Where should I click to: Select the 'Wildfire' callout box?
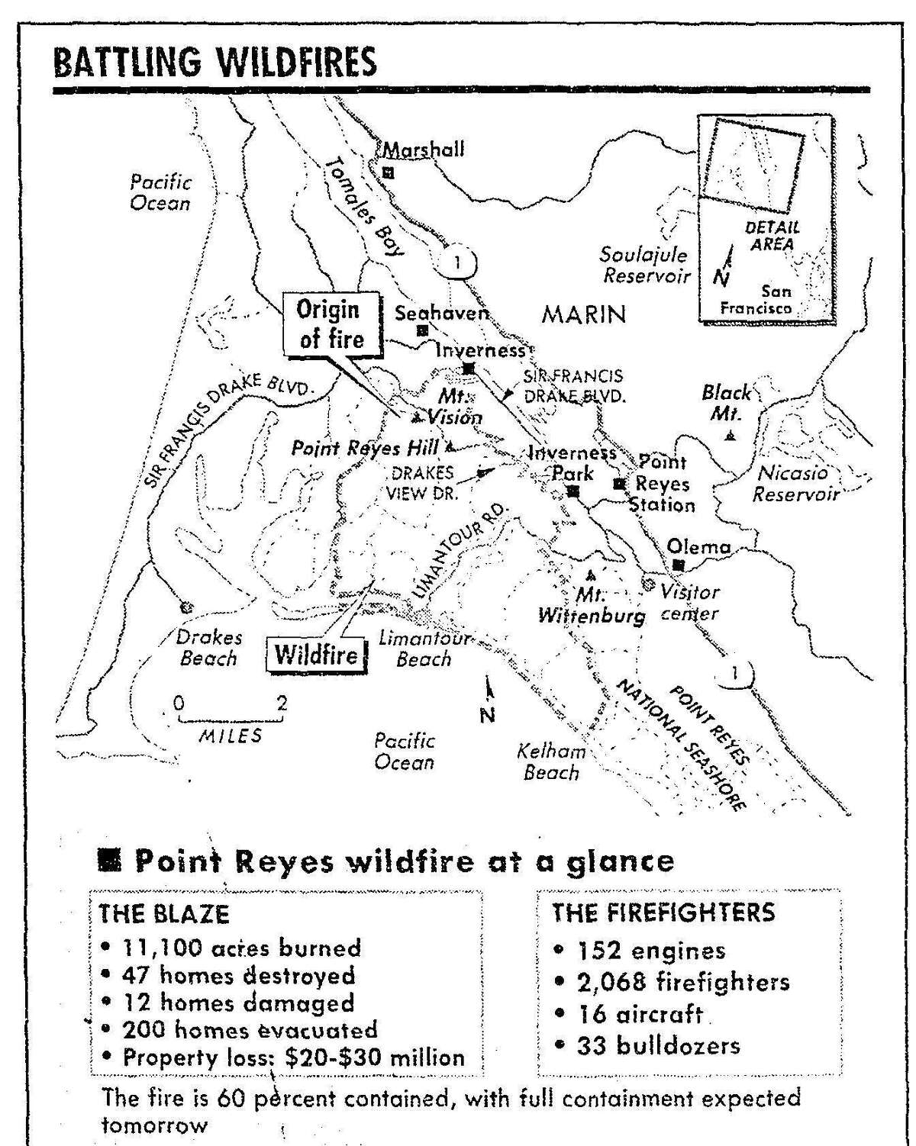(316, 654)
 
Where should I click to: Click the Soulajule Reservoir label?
(644, 265)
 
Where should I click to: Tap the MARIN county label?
(583, 314)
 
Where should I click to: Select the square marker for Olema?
(677, 565)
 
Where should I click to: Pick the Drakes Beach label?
(208, 648)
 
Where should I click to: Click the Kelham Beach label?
(551, 761)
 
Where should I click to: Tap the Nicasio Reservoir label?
(794, 483)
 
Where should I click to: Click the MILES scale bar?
(230, 719)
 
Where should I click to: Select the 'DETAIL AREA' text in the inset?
(772, 236)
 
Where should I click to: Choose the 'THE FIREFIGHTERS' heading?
(663, 913)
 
